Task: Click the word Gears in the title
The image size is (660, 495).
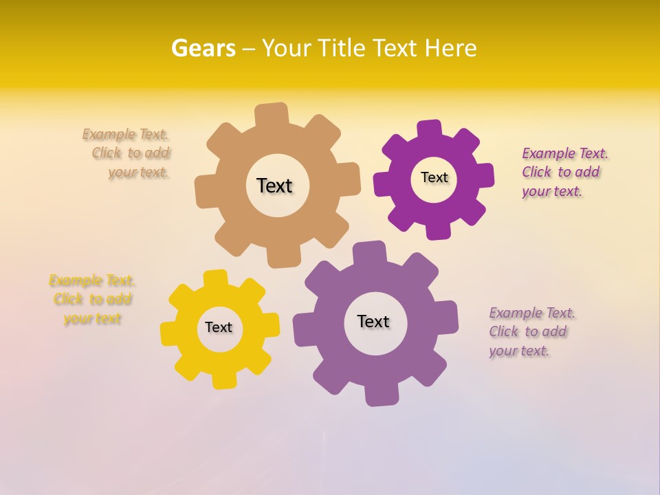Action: point(203,48)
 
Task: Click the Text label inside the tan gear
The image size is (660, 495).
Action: point(274,186)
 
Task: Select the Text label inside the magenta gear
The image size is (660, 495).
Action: point(434,177)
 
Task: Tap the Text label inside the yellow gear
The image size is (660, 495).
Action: point(219,327)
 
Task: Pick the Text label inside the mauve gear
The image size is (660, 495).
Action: point(373,321)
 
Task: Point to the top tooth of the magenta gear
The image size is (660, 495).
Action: point(430,130)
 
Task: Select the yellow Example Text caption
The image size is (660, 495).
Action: point(92,299)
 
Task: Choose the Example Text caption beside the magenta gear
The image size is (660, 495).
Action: point(564,172)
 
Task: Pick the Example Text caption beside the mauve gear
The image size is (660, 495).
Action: point(531,331)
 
